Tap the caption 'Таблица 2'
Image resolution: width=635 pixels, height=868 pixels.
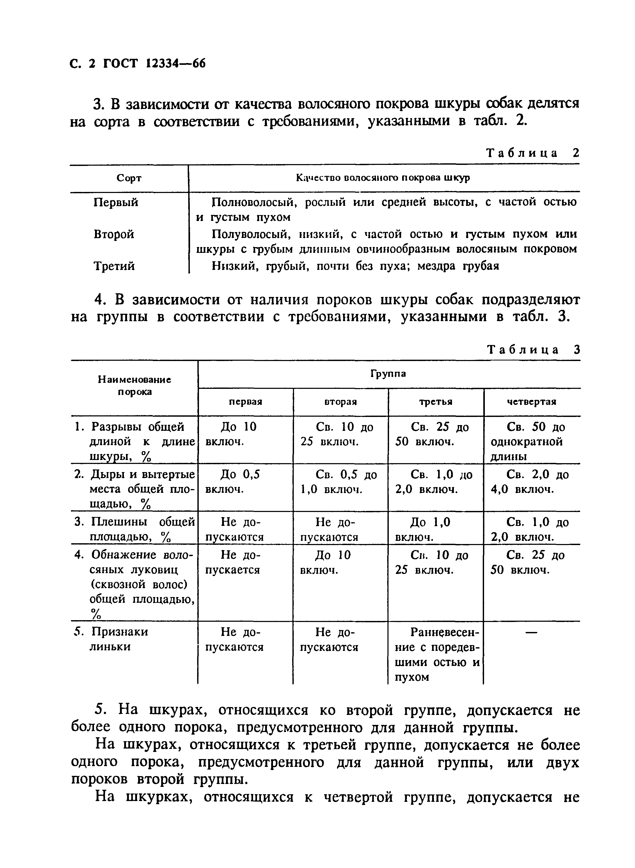point(532,153)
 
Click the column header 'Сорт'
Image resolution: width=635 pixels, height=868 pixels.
point(129,178)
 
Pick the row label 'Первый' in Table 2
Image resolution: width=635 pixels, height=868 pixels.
point(116,202)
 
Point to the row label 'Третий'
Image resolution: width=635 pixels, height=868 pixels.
point(114,266)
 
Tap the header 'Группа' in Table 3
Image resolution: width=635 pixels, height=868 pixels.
point(388,374)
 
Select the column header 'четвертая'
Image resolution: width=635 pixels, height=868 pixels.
point(531,402)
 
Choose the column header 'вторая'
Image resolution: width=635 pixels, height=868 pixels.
point(340,402)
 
